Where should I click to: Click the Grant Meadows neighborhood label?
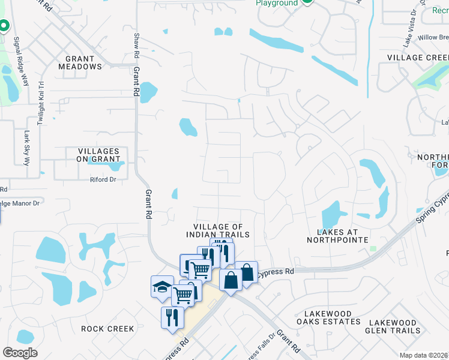pos(80,63)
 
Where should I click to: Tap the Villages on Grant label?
pos(98,155)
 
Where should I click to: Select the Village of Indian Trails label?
pos(221,230)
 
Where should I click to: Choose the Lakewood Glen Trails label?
pos(394,326)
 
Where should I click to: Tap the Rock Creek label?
pos(107,329)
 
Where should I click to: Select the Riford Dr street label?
pos(103,179)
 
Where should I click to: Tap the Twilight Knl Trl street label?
pos(40,103)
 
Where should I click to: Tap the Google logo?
pos(20,353)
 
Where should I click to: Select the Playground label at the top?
pos(277,3)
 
